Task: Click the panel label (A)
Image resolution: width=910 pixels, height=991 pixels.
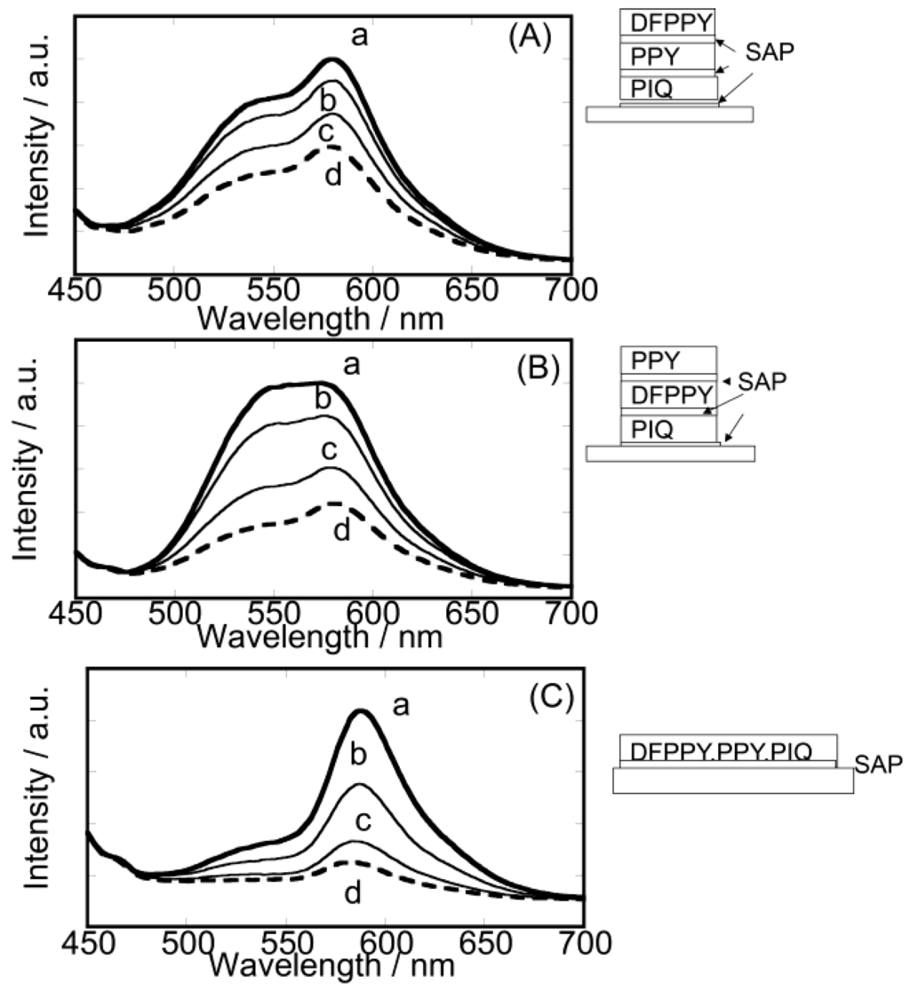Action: pos(530,39)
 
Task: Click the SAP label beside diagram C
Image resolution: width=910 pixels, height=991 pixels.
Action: pos(878,763)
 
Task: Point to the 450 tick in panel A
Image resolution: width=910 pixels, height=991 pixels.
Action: pos(75,289)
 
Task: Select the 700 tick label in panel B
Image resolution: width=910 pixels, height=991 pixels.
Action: pos(570,613)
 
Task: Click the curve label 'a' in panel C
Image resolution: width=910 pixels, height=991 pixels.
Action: pos(401,706)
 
